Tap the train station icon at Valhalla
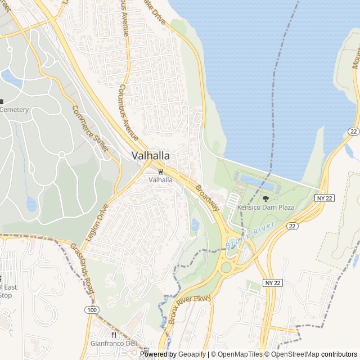pos(161,171)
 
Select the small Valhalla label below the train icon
pos(161,180)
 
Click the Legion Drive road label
pos(96,223)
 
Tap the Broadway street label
pos(208,198)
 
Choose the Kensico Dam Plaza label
pos(265,208)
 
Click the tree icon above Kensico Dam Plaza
pos(265,199)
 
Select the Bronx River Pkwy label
pos(188,309)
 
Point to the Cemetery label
pos(14,110)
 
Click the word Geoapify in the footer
pos(192,354)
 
